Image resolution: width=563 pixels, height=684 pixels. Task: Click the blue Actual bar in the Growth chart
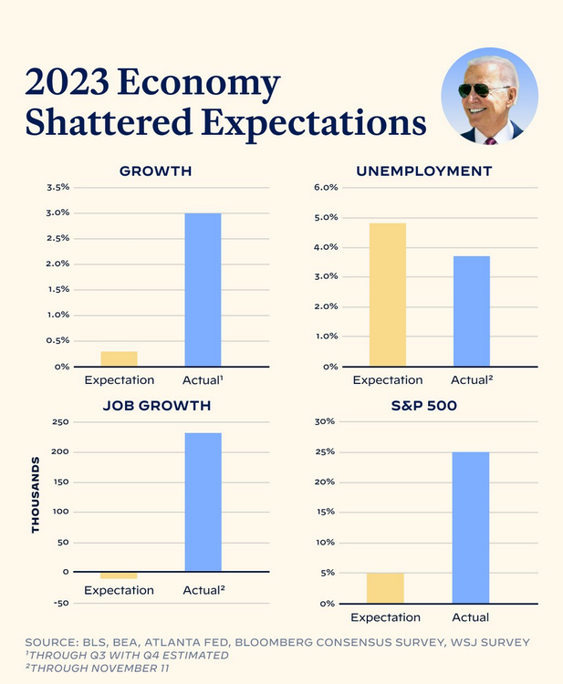203,289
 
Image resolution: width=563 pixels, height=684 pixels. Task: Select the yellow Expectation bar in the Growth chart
120,358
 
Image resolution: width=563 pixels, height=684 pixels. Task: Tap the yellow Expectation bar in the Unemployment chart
388,295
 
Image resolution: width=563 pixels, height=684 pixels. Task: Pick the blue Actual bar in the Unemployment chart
472,311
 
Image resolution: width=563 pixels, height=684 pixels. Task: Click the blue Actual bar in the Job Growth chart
203,502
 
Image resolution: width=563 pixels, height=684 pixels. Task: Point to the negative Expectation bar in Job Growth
120,575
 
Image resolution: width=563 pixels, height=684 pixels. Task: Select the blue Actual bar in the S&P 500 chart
471,527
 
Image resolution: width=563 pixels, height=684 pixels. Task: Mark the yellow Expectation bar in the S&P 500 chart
385,588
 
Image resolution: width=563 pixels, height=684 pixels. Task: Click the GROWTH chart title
156,171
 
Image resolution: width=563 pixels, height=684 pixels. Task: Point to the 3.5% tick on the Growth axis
57,188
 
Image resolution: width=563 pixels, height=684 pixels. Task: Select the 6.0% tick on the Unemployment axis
326,188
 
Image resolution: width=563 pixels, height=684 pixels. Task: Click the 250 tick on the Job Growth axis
60,422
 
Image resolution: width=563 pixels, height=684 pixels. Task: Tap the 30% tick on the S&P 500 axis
327,422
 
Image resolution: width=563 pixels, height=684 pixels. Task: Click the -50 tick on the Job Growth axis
59,603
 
